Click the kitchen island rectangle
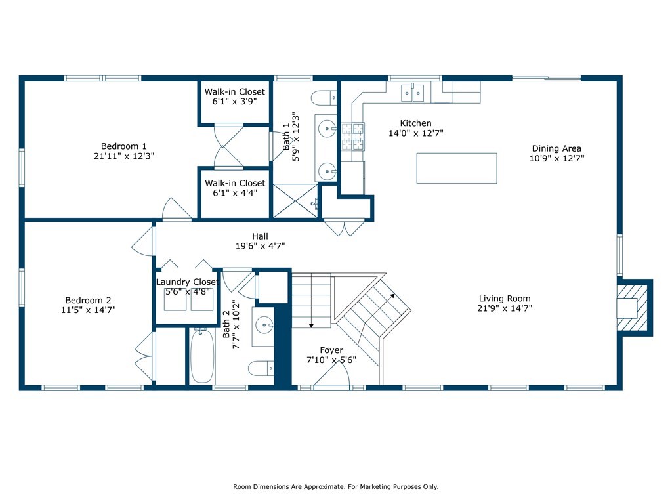457,168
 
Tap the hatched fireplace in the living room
632,308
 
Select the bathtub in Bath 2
202,356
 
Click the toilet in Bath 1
324,98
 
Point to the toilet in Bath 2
261,368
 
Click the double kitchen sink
412,93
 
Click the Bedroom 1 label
124,146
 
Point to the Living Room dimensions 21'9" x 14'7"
505,308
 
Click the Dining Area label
556,148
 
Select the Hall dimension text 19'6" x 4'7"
260,246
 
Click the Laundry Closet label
187,282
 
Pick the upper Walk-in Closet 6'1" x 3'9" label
234,96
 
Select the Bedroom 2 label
89,300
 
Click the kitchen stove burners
353,136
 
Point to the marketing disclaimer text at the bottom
335,486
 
